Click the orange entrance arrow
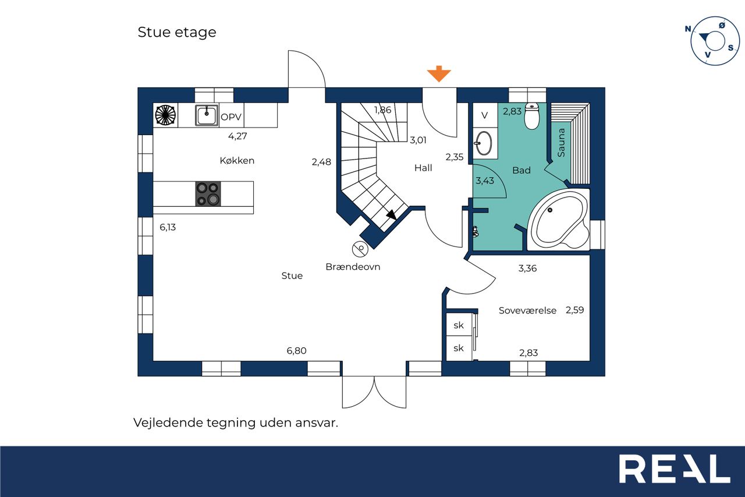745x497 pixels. coord(439,73)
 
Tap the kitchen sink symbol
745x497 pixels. coord(207,115)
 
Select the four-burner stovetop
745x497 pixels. coord(208,194)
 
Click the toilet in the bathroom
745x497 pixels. coord(532,116)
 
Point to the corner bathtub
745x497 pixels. coord(559,220)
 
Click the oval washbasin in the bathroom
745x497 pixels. coord(484,143)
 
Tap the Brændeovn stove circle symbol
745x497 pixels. coord(360,249)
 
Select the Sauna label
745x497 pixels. coord(561,143)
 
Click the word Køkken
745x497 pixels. coord(237,161)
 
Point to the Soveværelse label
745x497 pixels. coord(527,311)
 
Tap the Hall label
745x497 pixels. coord(423,168)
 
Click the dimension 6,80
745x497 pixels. coord(296,351)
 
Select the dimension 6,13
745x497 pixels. coord(168,227)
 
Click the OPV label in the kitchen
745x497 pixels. coord(231,117)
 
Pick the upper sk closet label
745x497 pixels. coord(458,325)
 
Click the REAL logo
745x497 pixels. coord(675,468)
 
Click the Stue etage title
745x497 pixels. coord(177,33)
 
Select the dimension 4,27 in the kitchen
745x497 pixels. coord(237,136)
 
